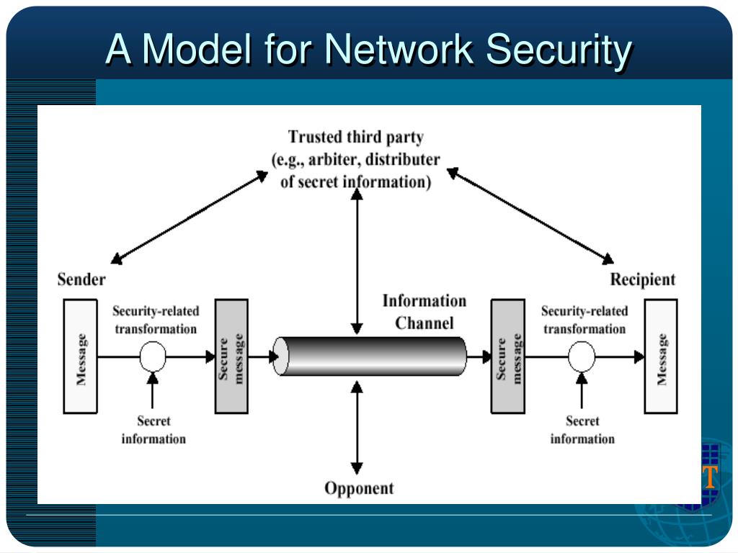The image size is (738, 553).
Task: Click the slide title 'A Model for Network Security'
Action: tap(369, 50)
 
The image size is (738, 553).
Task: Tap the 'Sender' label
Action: tap(81, 279)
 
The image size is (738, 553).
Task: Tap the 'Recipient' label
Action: tap(643, 279)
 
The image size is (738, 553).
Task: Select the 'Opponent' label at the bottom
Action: tap(359, 488)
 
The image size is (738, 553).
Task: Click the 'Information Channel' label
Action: tap(424, 312)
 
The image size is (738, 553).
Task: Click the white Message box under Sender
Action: tap(80, 356)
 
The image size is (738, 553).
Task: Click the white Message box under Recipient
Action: tap(661, 356)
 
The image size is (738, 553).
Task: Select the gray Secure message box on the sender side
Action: tap(231, 356)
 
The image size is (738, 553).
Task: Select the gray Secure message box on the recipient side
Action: tap(508, 356)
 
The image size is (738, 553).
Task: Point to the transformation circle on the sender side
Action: tap(152, 356)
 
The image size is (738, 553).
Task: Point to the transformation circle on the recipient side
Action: tap(582, 356)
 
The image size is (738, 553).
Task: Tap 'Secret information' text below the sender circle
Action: tap(154, 430)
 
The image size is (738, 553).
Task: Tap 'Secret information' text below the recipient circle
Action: tap(582, 430)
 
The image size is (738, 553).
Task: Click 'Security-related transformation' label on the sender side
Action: tap(156, 320)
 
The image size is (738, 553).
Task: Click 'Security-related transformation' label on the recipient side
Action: tap(584, 320)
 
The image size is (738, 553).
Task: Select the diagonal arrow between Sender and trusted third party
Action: tap(190, 217)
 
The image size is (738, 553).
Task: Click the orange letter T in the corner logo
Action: tap(710, 477)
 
